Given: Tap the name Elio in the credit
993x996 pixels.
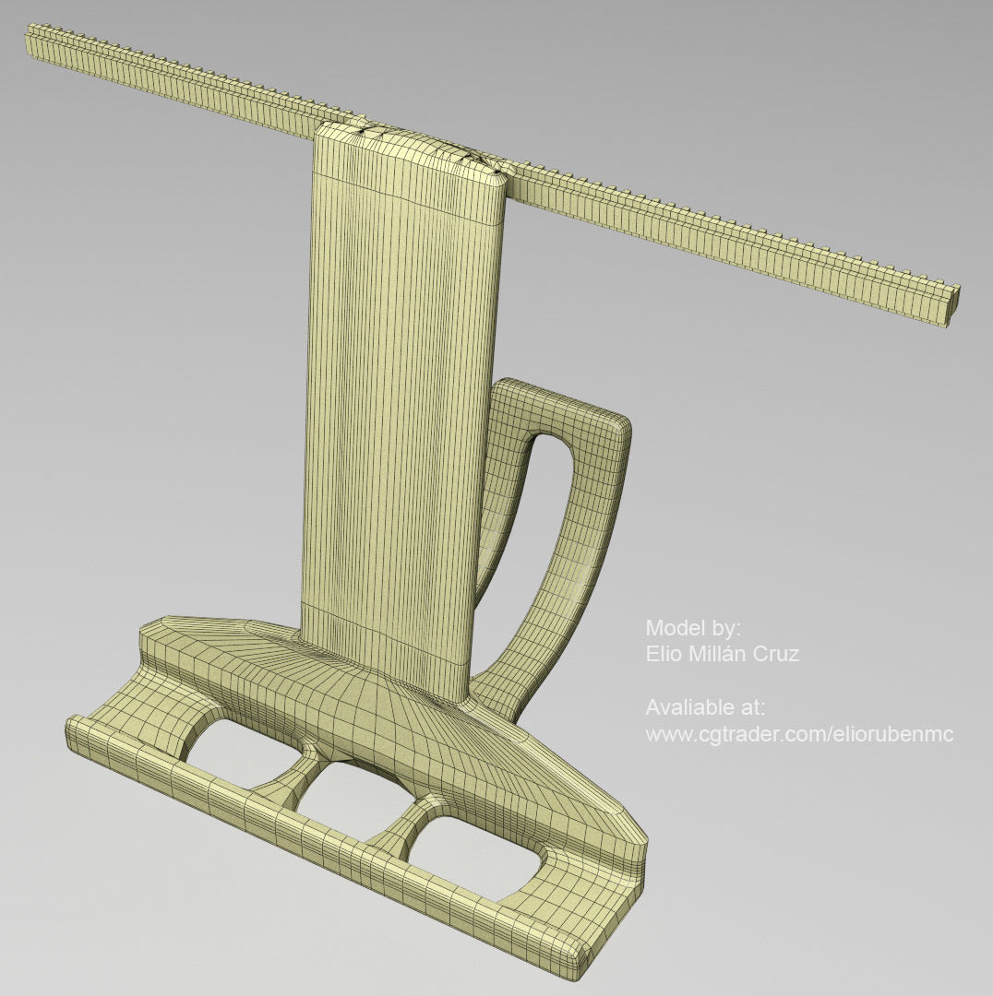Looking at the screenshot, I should click(663, 654).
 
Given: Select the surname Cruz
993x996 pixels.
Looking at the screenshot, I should click(776, 654).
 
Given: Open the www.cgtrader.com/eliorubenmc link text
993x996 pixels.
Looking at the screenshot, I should click(798, 734).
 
